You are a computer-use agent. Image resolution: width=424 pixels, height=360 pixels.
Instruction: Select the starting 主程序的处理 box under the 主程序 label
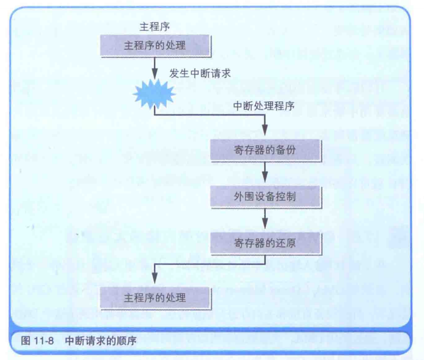click(x=155, y=46)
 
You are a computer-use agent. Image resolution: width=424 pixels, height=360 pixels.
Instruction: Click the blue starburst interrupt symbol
click(x=155, y=95)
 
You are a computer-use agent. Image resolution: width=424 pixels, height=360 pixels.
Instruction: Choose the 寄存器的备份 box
click(x=265, y=149)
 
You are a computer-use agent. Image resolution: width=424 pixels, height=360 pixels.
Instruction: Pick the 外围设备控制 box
click(x=265, y=196)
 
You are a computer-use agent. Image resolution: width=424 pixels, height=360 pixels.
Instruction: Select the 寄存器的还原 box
click(x=265, y=242)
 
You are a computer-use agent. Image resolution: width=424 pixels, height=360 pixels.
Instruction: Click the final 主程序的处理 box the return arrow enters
click(x=155, y=298)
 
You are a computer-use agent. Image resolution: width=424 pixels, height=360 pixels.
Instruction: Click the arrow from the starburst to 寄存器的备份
click(x=220, y=116)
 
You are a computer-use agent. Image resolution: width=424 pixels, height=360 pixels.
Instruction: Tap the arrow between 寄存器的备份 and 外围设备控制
click(x=265, y=173)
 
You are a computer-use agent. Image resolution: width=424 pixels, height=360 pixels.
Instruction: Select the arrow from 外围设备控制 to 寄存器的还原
click(x=265, y=219)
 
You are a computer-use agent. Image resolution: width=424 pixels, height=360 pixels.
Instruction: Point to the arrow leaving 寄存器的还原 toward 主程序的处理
click(x=209, y=264)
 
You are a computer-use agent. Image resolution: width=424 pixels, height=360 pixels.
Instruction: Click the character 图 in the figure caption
click(x=25, y=340)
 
